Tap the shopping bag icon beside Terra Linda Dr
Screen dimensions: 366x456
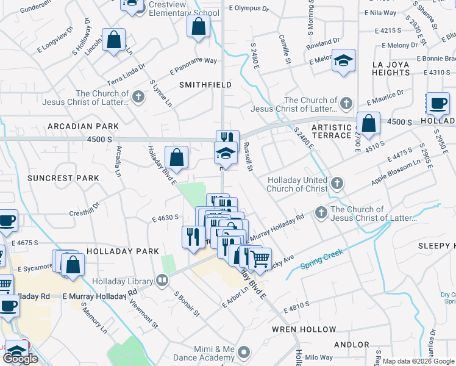tap(114, 41)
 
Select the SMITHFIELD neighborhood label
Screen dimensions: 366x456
tap(205, 85)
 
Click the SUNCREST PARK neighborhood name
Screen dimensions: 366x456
tap(63, 178)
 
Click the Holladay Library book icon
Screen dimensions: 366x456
tap(162, 281)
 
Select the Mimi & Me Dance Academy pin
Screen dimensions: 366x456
tap(244, 352)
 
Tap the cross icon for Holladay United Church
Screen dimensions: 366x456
tap(337, 183)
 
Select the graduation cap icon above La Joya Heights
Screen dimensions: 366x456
tap(344, 61)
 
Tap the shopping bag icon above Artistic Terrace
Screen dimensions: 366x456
tap(368, 124)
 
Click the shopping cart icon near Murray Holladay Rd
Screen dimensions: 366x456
tap(260, 259)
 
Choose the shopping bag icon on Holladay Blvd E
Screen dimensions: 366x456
tap(176, 157)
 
